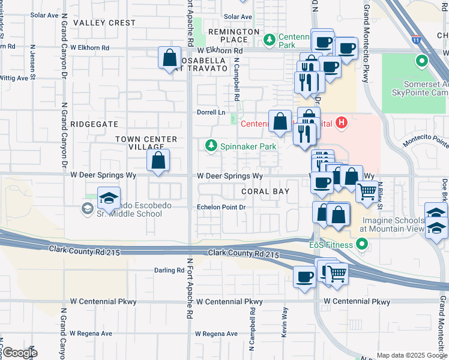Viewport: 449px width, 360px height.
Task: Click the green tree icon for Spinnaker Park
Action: [x=211, y=146]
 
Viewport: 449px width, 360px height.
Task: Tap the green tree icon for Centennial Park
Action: [x=270, y=40]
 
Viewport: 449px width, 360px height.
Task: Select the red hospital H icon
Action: [x=342, y=124]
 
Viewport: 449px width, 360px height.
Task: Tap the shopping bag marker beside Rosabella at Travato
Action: [x=170, y=58]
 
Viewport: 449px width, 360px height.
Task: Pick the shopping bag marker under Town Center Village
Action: [x=158, y=161]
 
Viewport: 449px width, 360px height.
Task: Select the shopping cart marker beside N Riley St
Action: [x=367, y=192]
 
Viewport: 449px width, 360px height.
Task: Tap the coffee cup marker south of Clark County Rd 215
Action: [x=305, y=277]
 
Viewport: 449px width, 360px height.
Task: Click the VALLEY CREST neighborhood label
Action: [x=104, y=22]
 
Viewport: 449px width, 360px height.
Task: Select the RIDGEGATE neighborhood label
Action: [x=94, y=124]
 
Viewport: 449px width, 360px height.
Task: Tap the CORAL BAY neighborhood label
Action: [x=265, y=191]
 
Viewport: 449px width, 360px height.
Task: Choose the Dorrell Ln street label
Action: [x=211, y=112]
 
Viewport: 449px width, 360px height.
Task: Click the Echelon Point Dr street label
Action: [x=222, y=208]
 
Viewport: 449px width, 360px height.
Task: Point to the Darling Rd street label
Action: [x=169, y=271]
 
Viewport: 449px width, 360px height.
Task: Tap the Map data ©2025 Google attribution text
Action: [x=412, y=355]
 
